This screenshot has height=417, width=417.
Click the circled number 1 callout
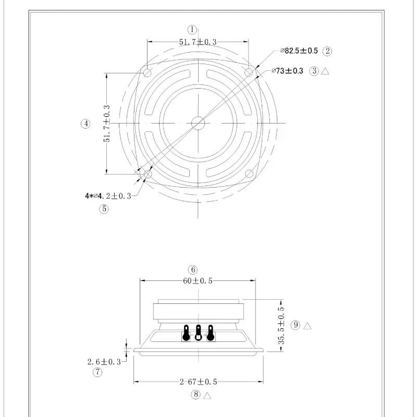pos(192,30)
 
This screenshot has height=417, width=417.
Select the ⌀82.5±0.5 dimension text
pos(299,51)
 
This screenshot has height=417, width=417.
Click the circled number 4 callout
pos(85,124)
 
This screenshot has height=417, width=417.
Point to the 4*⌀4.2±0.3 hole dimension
pos(108,196)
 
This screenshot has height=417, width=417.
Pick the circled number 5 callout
pos(104,209)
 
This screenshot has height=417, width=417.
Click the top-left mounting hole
pos(148,72)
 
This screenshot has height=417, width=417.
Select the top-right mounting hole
pos(249,72)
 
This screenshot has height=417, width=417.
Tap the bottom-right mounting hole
pos(249,174)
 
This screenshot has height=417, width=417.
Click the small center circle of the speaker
pos(198,124)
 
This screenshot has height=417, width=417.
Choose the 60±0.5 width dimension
pos(198,281)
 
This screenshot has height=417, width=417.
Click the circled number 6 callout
pos(193,269)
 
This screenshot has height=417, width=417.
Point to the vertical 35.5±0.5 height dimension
pos(281,325)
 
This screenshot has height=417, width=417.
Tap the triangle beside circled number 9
pos(308,326)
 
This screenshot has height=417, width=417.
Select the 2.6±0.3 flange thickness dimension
pos(104,361)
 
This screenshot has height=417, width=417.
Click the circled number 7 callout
pos(97,372)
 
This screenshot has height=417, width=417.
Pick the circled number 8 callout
pos(195,395)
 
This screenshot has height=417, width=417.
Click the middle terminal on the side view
pos(198,333)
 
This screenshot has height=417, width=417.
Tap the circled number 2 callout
pos(327,51)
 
